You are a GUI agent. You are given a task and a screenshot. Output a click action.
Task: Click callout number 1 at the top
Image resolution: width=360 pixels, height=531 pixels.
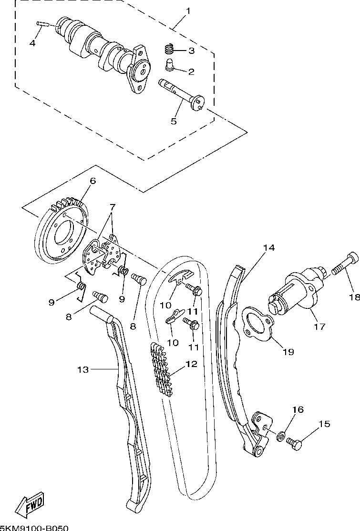click(187, 11)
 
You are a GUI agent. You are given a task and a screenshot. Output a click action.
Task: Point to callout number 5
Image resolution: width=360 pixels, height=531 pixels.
click(174, 121)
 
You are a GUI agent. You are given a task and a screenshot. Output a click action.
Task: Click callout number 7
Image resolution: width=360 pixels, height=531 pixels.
click(112, 206)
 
